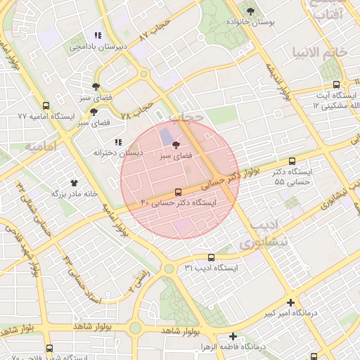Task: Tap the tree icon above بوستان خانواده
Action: (251, 11)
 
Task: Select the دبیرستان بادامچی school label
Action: (98, 46)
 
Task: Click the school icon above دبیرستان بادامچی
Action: (98, 34)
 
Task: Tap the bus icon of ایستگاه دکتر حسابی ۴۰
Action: (177, 191)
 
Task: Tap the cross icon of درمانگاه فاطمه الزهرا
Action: (233, 336)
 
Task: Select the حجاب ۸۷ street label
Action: (155, 35)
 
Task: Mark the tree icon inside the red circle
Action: (176, 143)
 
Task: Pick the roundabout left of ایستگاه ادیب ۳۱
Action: (169, 268)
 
